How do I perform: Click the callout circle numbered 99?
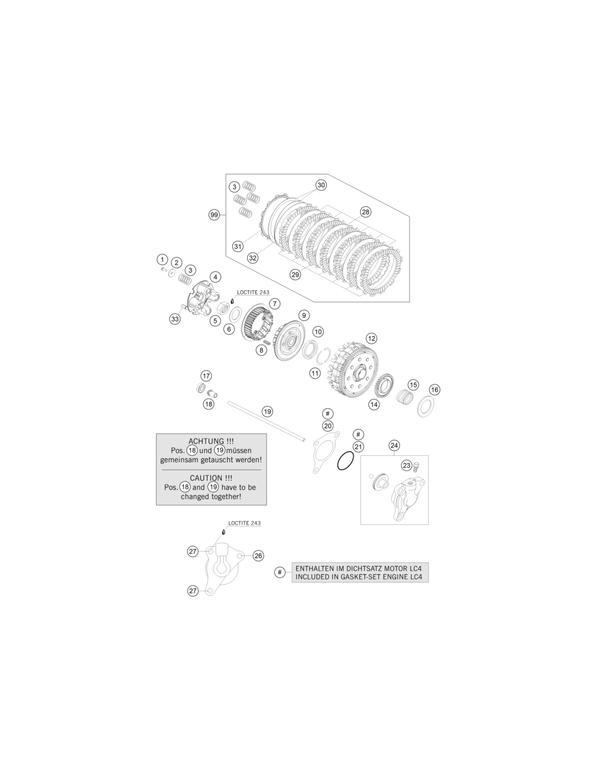coord(214,215)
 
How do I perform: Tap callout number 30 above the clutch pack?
coord(321,185)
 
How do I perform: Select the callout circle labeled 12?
coord(371,338)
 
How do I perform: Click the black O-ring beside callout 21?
coord(345,461)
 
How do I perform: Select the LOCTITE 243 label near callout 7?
coord(253,293)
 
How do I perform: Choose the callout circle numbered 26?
coord(258,556)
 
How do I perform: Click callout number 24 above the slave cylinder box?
coord(394,446)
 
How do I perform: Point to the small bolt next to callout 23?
coord(416,466)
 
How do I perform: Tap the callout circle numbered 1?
coord(163,260)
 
